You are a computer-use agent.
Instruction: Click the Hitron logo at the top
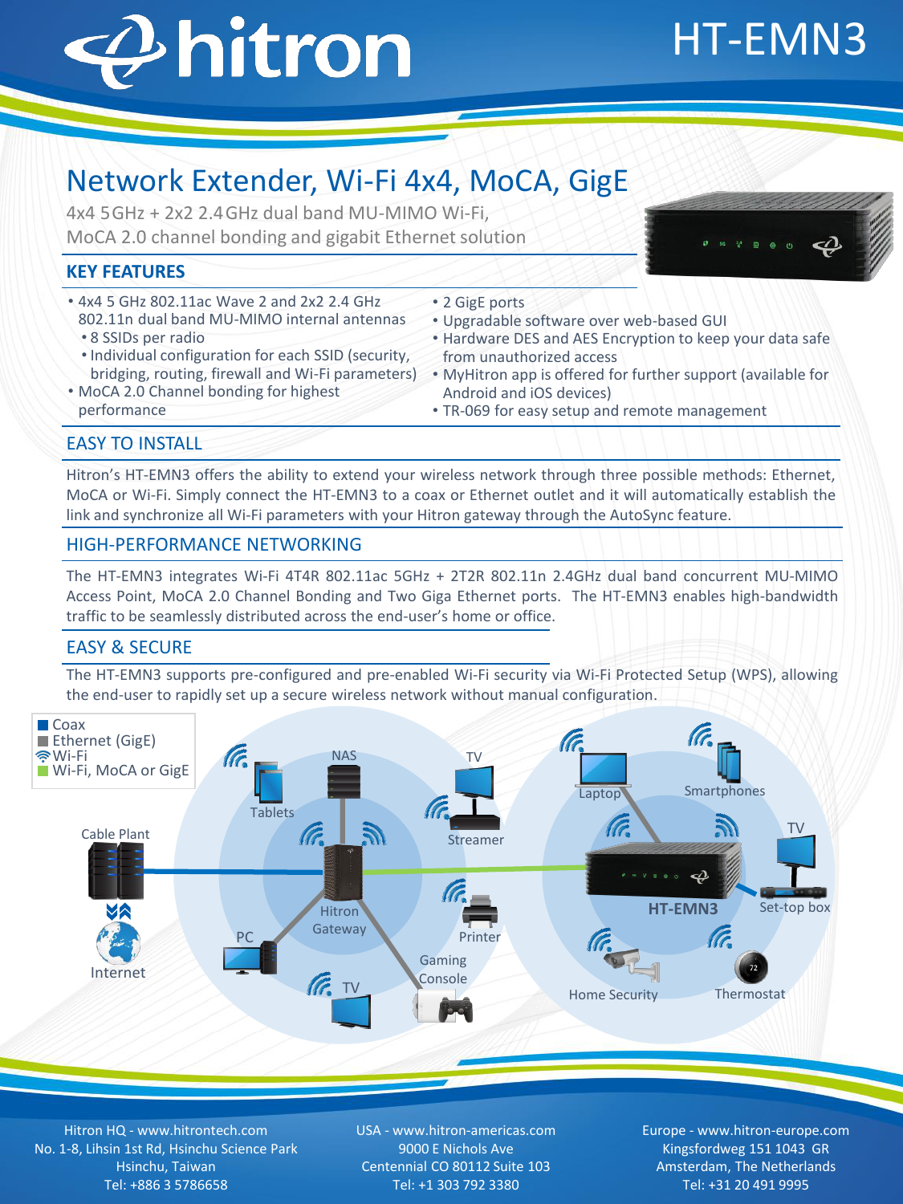click(x=238, y=50)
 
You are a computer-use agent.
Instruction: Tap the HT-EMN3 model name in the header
click(x=768, y=39)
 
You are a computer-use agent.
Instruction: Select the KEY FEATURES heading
click(x=126, y=272)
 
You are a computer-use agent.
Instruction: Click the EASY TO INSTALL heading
click(x=134, y=444)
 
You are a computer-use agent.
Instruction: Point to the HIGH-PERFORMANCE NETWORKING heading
click(x=214, y=545)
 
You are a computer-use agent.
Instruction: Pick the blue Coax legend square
click(x=43, y=725)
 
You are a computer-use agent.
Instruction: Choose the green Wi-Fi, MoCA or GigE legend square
click(x=43, y=771)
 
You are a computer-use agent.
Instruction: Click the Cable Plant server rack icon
click(x=116, y=871)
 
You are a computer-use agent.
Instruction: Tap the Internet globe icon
click(x=118, y=942)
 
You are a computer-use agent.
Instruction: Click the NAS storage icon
click(x=344, y=782)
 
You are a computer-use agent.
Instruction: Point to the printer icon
click(x=479, y=912)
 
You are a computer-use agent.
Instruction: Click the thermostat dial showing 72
click(x=752, y=967)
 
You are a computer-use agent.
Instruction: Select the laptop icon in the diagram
click(x=602, y=771)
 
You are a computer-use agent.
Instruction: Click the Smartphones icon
click(x=729, y=763)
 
